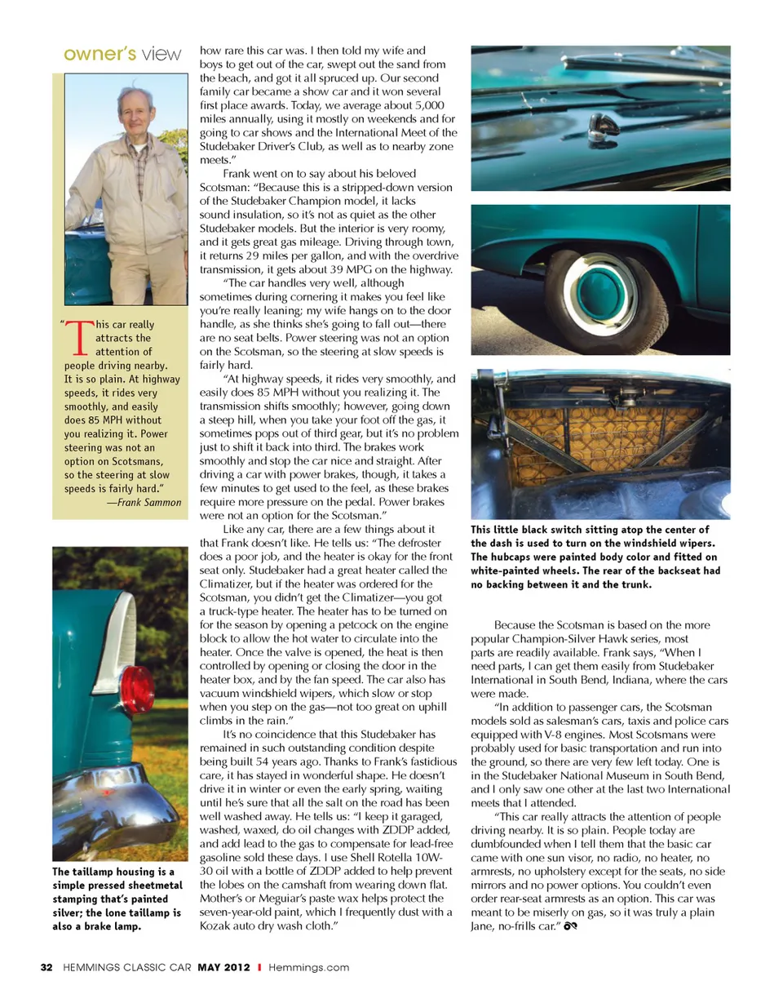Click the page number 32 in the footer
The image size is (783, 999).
[46, 967]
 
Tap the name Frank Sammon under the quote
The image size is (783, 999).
[149, 501]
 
